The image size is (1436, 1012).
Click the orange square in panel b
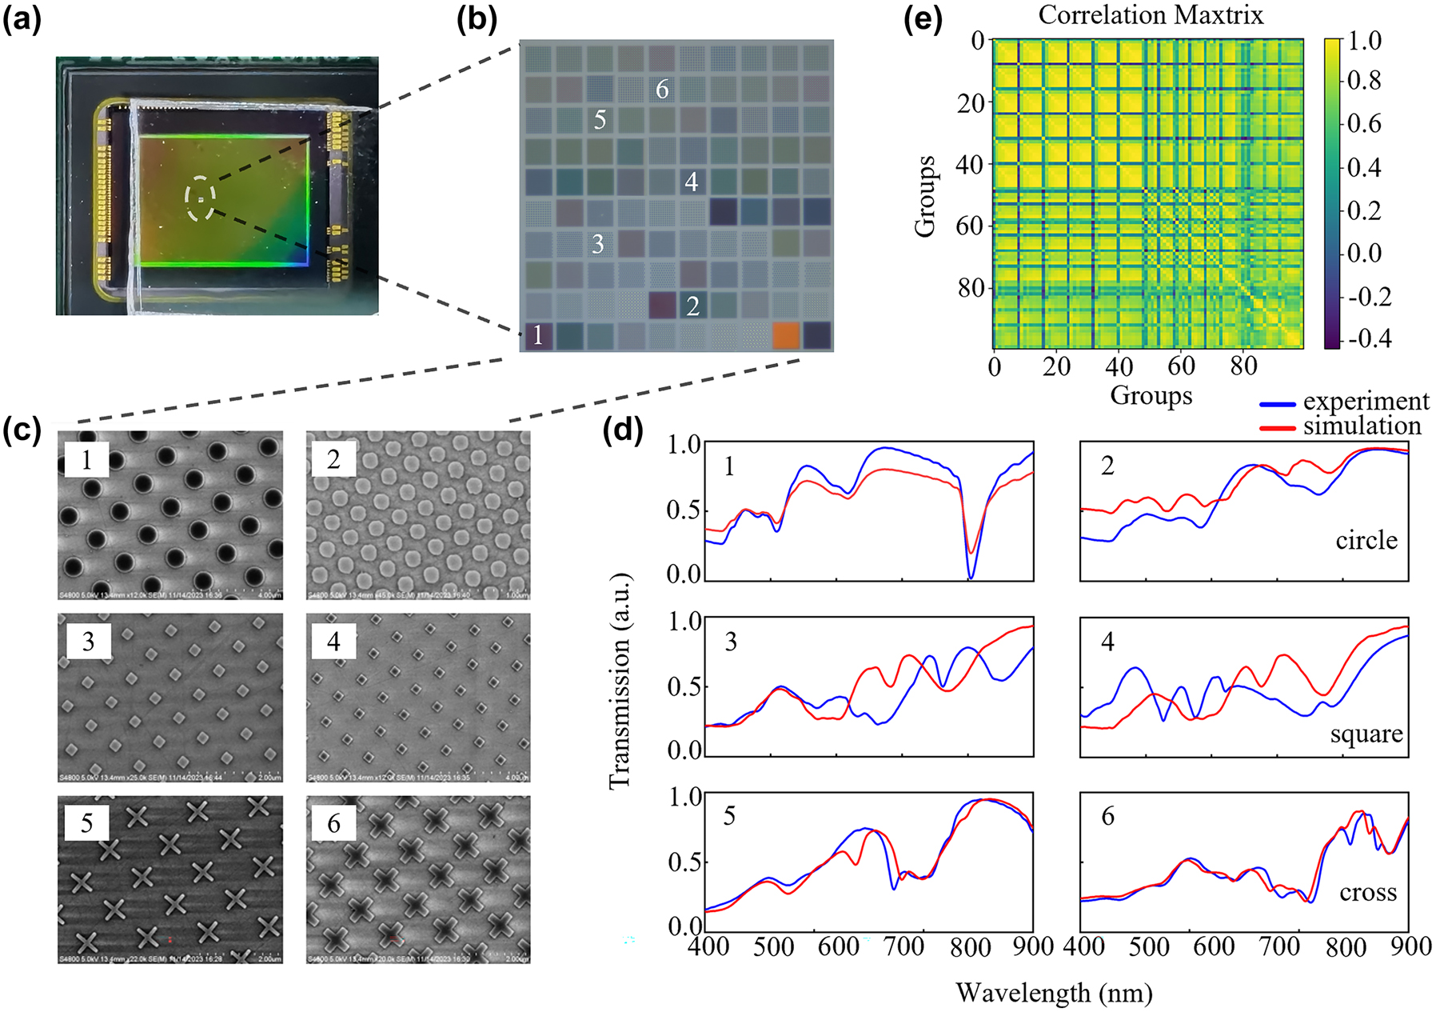pos(786,335)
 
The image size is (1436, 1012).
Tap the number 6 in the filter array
pos(662,89)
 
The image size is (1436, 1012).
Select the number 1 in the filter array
pos(537,334)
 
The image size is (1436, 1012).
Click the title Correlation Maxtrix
pos(1151,15)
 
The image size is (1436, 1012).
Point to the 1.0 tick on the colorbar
pos(1364,41)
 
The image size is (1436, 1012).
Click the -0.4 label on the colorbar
pos(1369,338)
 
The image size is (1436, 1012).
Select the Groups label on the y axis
pos(925,197)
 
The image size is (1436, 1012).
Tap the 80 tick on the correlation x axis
pos(1243,366)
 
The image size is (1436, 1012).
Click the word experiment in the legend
pos(1366,401)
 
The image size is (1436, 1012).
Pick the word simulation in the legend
pos(1362,426)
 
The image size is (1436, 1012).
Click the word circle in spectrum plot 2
pos(1366,541)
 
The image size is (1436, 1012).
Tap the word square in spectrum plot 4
pos(1366,734)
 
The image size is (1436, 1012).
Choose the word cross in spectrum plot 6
pos(1368,892)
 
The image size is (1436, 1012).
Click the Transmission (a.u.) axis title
pos(620,680)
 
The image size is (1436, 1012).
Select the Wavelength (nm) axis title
pos(1054,993)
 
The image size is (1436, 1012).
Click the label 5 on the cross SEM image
pos(86,823)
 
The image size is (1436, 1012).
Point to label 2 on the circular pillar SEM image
pos(333,459)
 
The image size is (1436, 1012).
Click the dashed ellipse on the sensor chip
pos(200,198)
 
